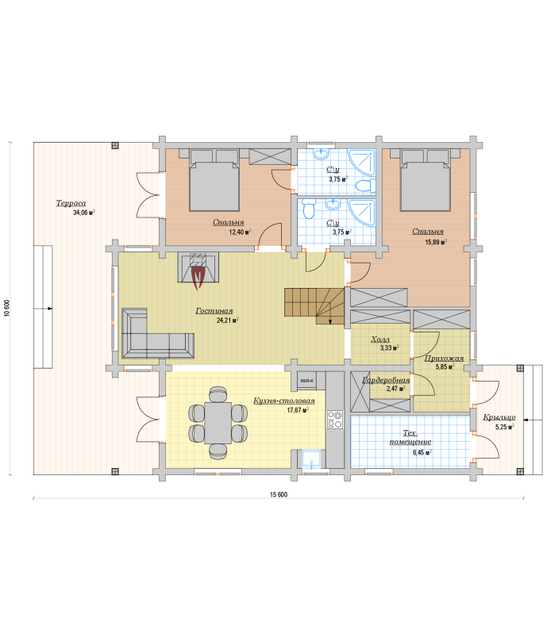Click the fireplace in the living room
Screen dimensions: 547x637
198,268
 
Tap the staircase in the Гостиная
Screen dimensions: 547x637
314,306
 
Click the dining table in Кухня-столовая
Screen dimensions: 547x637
218,423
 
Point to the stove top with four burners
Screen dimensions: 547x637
335,420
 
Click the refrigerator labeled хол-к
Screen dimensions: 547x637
306,381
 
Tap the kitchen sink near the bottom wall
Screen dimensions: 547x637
311,459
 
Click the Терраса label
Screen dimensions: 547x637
71,203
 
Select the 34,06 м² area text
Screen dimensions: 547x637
84,213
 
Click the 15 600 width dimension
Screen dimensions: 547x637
279,494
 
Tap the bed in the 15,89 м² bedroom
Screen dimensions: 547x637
426,180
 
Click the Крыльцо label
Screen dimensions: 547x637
499,417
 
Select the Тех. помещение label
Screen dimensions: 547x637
410,438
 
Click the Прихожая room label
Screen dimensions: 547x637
444,359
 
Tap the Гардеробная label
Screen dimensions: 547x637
386,380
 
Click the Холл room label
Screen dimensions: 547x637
380,340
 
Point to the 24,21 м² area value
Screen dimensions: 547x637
228,320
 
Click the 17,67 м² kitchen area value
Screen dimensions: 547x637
298,410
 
